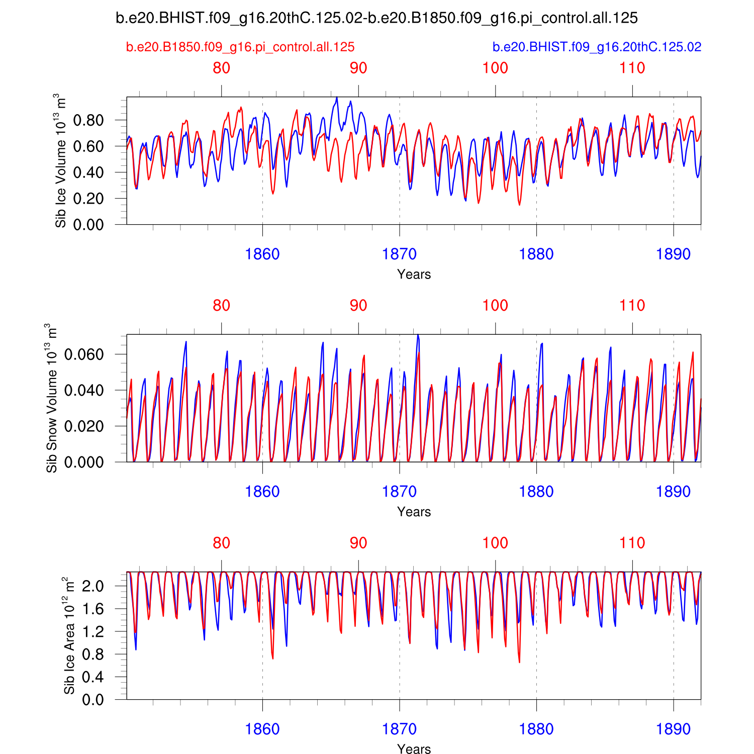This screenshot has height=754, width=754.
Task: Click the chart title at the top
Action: click(376, 19)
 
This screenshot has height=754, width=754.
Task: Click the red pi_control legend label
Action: click(240, 47)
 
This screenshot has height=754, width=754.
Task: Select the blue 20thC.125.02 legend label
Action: click(597, 47)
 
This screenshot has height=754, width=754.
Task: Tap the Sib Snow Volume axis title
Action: click(51, 398)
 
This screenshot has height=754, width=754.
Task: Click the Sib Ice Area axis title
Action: click(69, 636)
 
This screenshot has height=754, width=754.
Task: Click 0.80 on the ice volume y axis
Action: click(88, 120)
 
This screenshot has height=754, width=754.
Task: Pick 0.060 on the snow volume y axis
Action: click(84, 354)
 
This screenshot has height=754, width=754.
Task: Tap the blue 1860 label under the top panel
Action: click(262, 254)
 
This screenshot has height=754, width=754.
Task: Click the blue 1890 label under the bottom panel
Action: click(673, 729)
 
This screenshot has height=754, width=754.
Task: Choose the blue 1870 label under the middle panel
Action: click(399, 492)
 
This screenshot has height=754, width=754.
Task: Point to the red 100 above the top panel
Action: click(495, 68)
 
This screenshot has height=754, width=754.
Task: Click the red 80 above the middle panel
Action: click(221, 306)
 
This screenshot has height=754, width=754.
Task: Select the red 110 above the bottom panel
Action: click(632, 543)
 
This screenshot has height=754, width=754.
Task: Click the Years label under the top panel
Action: click(414, 274)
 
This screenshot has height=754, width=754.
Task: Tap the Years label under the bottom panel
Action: click(414, 749)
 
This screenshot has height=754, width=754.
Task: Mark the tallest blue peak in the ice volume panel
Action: click(337, 98)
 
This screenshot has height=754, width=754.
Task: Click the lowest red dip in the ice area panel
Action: click(519, 662)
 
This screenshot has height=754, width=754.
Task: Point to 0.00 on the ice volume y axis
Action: click(88, 224)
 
